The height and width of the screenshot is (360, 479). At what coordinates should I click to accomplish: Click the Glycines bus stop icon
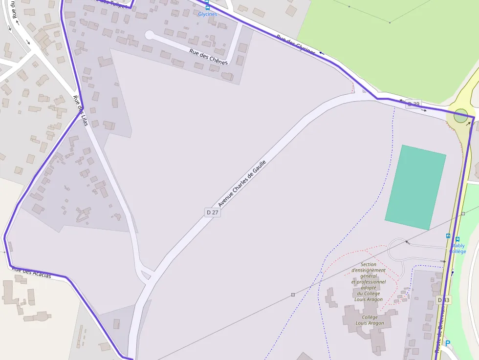click(x=207, y=8)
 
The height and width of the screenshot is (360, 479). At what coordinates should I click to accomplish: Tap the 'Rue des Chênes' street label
click(x=208, y=57)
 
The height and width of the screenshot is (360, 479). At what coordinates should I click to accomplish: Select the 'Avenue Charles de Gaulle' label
click(x=242, y=183)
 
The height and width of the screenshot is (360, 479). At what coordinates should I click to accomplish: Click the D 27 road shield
click(x=212, y=212)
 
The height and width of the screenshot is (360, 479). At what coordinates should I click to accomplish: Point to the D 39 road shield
click(x=414, y=104)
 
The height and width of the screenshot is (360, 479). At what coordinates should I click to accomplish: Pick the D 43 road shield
click(x=443, y=300)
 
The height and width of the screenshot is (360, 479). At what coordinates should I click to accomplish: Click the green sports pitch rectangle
click(x=416, y=187)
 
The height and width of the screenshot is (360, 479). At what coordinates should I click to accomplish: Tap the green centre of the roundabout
click(x=460, y=116)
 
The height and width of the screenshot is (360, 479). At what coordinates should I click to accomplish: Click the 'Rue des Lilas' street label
click(x=80, y=110)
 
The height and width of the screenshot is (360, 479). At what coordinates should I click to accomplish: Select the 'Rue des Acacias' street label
click(x=31, y=273)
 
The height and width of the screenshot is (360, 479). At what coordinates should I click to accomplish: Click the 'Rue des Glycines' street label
click(x=296, y=44)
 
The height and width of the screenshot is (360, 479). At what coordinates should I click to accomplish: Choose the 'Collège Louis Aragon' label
click(x=370, y=320)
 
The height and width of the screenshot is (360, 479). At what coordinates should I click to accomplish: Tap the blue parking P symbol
click(x=447, y=343)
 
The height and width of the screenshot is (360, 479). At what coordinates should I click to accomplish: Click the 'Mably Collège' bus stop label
click(x=458, y=249)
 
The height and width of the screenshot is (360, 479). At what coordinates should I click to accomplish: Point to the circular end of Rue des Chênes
click(x=149, y=35)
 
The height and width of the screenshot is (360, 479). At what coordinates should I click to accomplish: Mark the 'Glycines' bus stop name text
click(x=207, y=14)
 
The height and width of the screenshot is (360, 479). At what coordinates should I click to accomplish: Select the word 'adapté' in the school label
click(x=368, y=288)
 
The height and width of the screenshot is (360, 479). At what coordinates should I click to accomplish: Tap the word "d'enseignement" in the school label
click(x=369, y=270)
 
